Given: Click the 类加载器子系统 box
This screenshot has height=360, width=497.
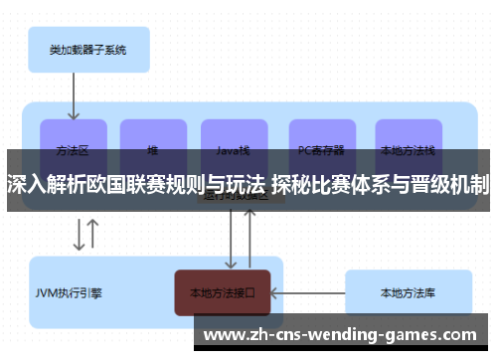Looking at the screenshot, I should click(x=86, y=48).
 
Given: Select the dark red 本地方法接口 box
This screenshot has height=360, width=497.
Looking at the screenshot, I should click(x=223, y=292).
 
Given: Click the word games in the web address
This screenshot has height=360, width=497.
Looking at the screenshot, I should click(x=438, y=332).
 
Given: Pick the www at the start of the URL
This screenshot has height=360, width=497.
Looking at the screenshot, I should click(x=223, y=332).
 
